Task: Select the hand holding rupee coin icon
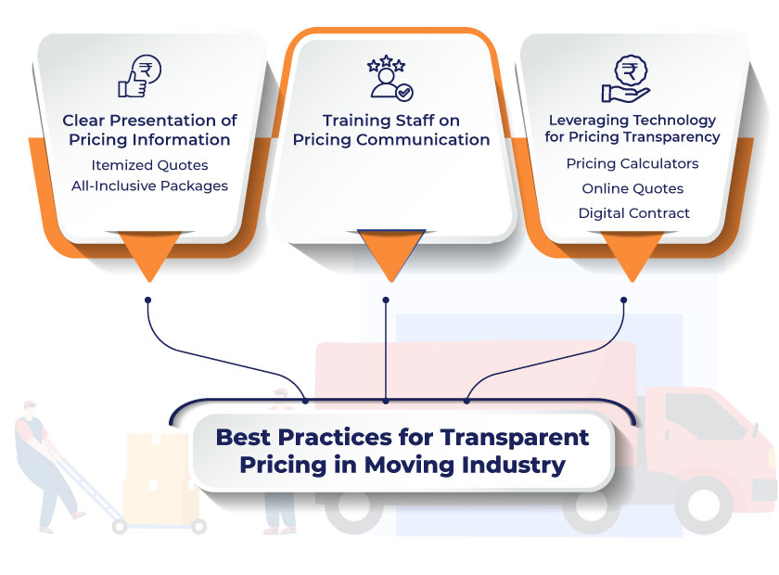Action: pyautogui.click(x=626, y=79)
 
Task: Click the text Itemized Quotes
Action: pyautogui.click(x=149, y=165)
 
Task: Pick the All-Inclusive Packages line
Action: pyautogui.click(x=149, y=185)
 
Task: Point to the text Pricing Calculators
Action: pyautogui.click(x=632, y=163)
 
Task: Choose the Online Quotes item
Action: pyautogui.click(x=632, y=188)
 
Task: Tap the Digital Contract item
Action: pyautogui.click(x=633, y=213)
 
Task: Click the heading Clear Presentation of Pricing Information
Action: pyautogui.click(x=149, y=130)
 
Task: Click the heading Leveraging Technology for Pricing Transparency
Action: pyautogui.click(x=633, y=128)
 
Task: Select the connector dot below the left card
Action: pyautogui.click(x=147, y=300)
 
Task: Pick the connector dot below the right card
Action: pyautogui.click(x=623, y=300)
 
